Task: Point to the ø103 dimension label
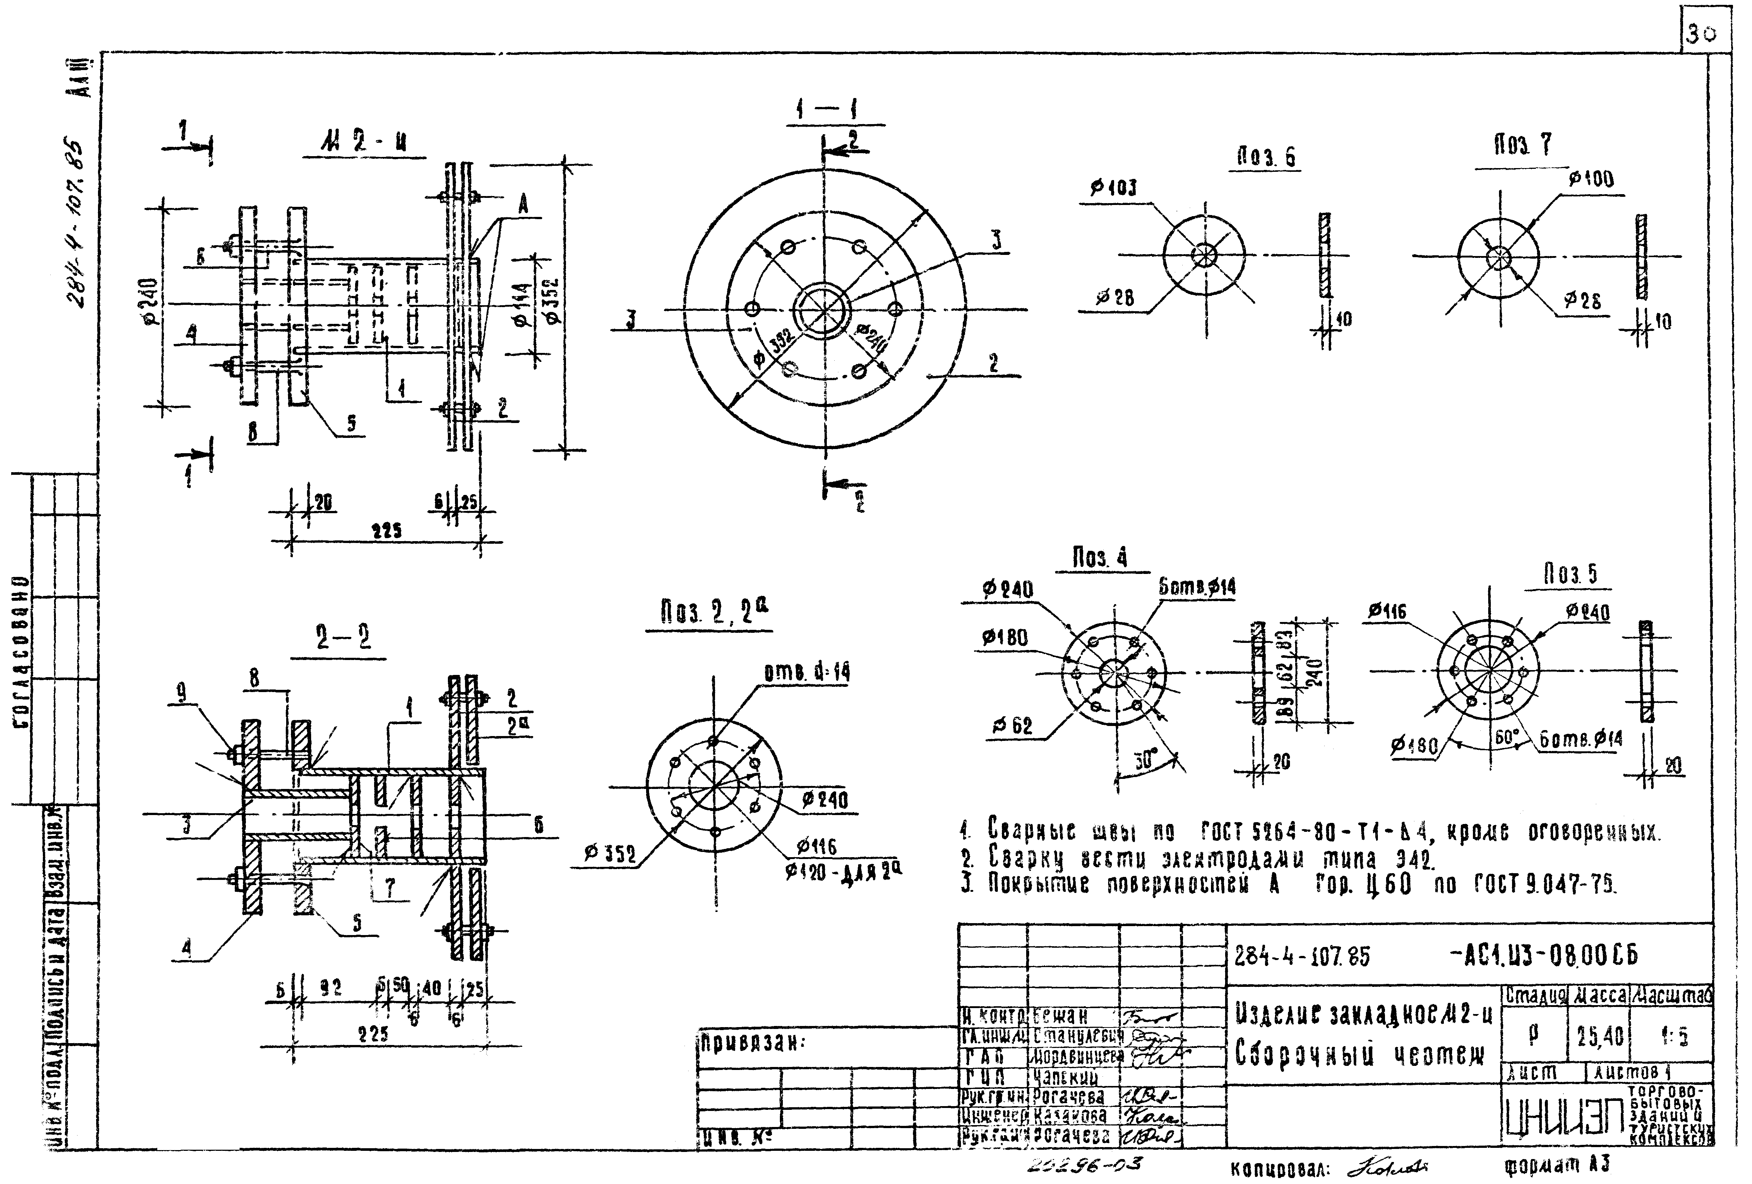click(1113, 188)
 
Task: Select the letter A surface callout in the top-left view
click(522, 203)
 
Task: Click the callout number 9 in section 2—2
click(182, 692)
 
